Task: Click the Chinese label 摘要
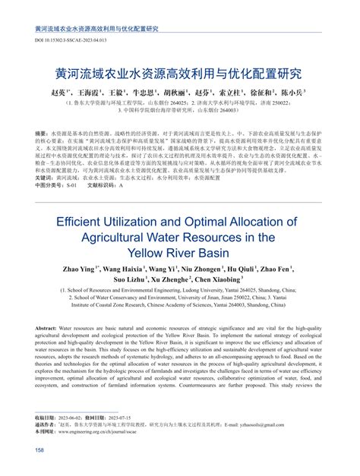43,112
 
